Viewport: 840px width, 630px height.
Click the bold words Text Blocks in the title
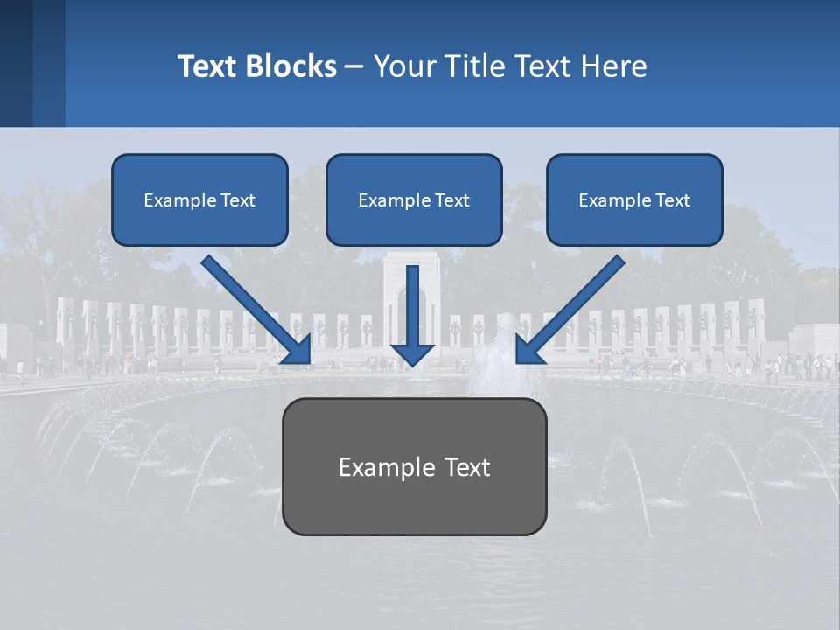(256, 66)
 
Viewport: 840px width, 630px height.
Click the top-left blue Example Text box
(199, 199)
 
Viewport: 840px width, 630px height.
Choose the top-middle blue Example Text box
(414, 199)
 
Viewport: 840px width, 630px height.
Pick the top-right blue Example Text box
(634, 199)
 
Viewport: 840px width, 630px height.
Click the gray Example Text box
(414, 466)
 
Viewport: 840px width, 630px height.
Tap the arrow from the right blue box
(573, 306)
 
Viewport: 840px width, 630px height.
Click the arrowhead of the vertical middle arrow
(412, 353)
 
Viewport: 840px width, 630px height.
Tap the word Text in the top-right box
(672, 200)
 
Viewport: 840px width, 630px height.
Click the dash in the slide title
(354, 66)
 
